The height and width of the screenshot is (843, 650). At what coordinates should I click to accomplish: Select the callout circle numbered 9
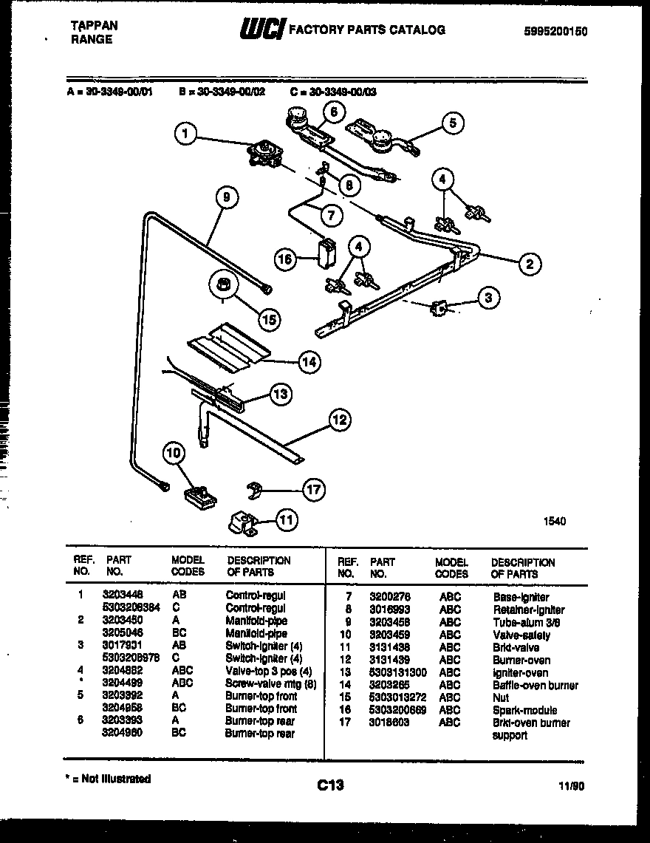(x=227, y=197)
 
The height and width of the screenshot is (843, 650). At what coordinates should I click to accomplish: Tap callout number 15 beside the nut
(x=269, y=318)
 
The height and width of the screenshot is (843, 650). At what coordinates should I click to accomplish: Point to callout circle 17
(x=314, y=489)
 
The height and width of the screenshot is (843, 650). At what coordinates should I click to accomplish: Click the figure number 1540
(x=555, y=521)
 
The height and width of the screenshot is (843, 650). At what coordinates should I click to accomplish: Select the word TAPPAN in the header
(x=94, y=25)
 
